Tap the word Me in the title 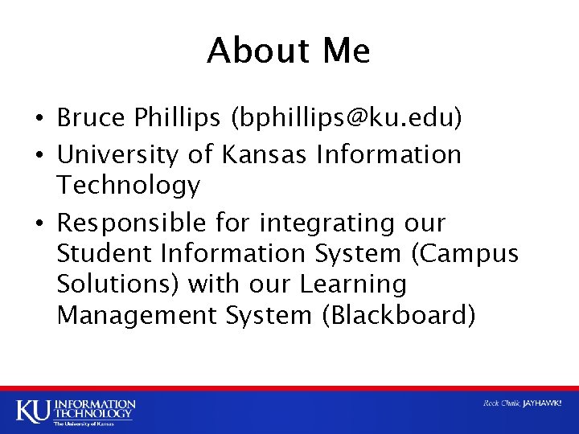346,51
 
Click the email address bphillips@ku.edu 347,119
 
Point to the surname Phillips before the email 181,119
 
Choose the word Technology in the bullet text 129,186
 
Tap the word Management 136,315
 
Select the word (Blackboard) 399,315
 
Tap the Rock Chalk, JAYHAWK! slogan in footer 522,403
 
